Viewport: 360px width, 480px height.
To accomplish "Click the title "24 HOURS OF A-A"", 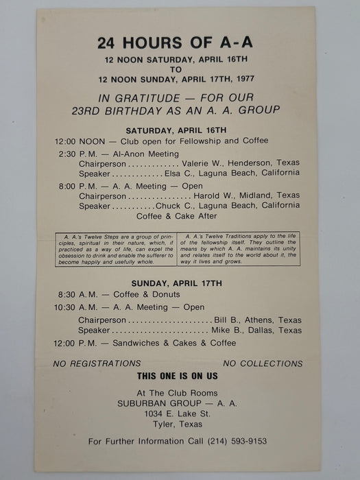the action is (175, 43).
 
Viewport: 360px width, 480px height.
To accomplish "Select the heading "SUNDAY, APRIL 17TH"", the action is (177, 283).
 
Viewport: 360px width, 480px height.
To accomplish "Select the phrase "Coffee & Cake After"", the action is (177, 216).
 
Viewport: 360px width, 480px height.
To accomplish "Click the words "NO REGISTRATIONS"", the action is (97, 363).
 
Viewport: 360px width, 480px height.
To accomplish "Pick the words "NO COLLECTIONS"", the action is (263, 363).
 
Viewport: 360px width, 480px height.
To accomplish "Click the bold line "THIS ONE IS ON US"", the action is (177, 376).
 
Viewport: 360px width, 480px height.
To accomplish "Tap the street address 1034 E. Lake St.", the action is (177, 414).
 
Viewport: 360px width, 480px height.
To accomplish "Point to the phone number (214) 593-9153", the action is (237, 441).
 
